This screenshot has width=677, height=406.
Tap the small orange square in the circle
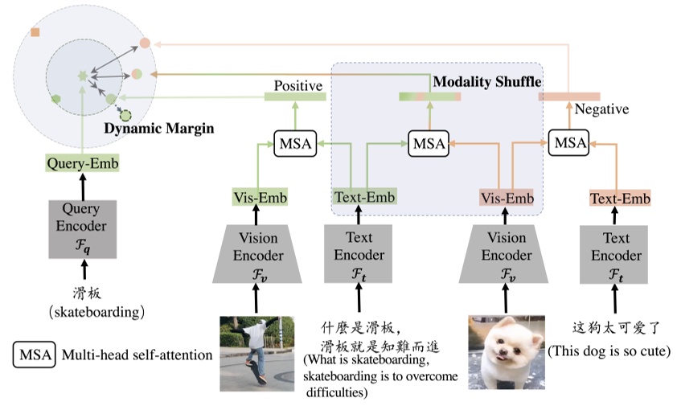coord(35,32)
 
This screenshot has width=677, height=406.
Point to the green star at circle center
coord(81,76)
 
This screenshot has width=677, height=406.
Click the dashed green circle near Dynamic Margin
coord(125,115)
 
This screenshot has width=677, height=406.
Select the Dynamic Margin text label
coord(153,127)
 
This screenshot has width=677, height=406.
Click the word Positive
coord(297,85)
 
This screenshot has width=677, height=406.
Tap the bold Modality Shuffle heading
coord(487,82)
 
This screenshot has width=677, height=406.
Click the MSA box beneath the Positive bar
coord(295,143)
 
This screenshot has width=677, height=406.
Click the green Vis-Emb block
coord(256,198)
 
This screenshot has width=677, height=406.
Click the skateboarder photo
coord(256,352)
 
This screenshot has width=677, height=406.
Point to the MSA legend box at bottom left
coord(33,355)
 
